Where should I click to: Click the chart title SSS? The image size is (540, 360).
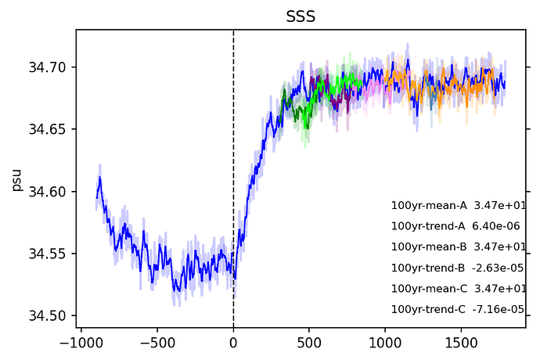[x=301, y=16]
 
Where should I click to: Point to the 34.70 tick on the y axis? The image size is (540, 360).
[x=49, y=67]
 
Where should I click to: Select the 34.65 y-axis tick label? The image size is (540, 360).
[x=49, y=129]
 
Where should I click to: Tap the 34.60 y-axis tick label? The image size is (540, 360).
[x=49, y=192]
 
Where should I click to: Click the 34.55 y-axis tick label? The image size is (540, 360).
[x=49, y=254]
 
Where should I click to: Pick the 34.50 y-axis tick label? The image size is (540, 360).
[x=49, y=316]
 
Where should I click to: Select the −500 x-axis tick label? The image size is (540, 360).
[x=157, y=343]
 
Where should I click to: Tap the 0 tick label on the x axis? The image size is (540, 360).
[x=233, y=343]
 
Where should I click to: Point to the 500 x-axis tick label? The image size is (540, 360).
[x=309, y=343]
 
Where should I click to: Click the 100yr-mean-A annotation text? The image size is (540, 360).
[x=429, y=206]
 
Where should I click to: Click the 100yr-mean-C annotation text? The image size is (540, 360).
[x=429, y=288]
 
